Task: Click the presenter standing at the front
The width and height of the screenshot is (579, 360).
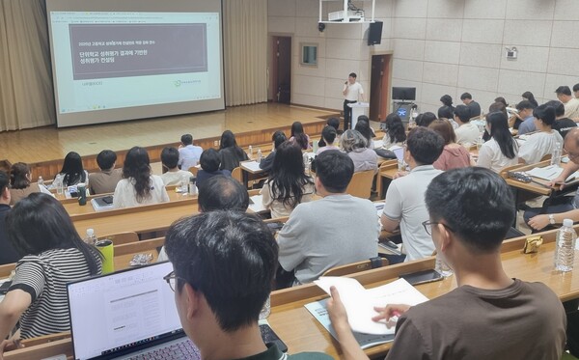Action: click(351, 97)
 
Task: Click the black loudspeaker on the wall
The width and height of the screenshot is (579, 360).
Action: click(374, 33)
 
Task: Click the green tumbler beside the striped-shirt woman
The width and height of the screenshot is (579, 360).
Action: click(105, 256)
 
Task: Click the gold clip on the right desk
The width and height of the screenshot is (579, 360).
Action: click(532, 244)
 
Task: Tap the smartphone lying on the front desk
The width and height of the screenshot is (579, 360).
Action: click(423, 277)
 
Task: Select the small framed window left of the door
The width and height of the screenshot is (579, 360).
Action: click(309, 54)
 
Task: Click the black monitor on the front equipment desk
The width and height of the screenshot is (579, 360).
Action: click(403, 94)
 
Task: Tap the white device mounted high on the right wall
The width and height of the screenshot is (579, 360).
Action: click(510, 53)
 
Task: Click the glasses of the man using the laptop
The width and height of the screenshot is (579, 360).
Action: click(171, 280)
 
